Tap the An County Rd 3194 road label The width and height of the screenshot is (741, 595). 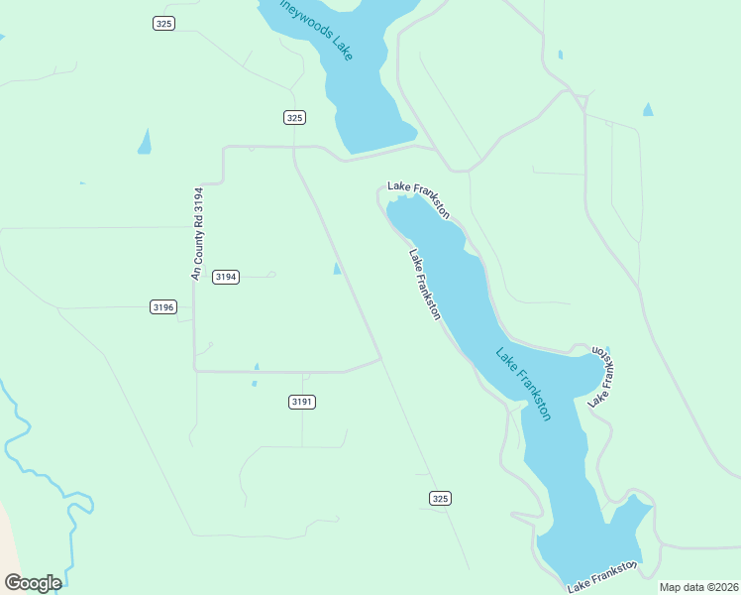[x=198, y=234]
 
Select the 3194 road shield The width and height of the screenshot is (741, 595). [x=226, y=277]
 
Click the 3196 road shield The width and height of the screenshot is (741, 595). [x=163, y=307]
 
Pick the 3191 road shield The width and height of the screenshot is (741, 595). [x=302, y=402]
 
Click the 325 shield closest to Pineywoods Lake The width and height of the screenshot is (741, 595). [x=293, y=117]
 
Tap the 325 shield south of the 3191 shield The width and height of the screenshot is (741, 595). [x=441, y=498]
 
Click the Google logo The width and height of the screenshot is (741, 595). [x=33, y=583]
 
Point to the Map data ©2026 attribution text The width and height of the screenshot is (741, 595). [x=699, y=587]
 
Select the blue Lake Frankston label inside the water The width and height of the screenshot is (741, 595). [x=523, y=385]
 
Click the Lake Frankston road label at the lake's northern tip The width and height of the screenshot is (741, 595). [x=419, y=197]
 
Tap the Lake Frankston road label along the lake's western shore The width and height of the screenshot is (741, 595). [x=425, y=284]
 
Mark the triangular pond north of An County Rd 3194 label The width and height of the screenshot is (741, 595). [x=145, y=142]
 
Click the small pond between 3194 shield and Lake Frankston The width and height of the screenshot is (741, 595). [x=338, y=269]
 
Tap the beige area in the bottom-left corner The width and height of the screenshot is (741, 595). [x=8, y=545]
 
